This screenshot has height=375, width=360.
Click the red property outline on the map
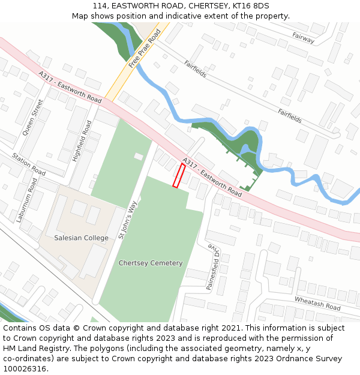[179, 175]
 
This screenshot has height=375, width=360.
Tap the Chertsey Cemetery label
[151, 263]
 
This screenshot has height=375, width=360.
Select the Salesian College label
[81, 238]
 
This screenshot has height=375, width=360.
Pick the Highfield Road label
[82, 141]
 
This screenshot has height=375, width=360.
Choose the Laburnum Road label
[27, 199]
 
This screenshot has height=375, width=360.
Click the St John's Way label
[128, 219]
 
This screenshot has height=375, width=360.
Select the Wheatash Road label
[317, 303]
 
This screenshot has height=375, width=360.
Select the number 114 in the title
[100, 5]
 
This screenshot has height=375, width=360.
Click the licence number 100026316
[25, 369]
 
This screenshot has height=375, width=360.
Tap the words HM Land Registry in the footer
[33, 349]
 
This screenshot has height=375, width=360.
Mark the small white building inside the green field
[139, 157]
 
